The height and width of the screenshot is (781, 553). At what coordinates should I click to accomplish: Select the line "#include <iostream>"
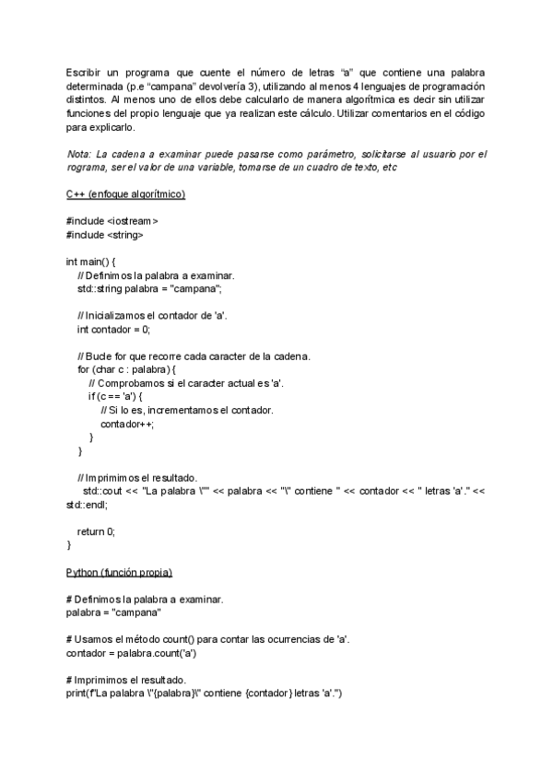pos(112,222)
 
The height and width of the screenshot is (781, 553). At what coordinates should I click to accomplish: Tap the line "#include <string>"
pos(105,235)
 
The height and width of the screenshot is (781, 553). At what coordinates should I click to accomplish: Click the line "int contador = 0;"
pos(113,329)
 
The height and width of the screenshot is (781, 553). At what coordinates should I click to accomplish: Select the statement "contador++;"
pos(127,424)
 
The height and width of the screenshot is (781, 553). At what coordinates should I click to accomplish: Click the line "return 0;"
pos(97,531)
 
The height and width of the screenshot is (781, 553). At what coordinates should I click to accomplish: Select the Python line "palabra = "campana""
pos(114,612)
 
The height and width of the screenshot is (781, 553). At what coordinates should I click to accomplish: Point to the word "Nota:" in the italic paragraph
pos(78,154)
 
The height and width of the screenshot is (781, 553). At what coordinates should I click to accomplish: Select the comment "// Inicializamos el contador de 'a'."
pos(152,316)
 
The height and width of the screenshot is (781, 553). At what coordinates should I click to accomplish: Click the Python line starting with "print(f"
pos(204,694)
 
